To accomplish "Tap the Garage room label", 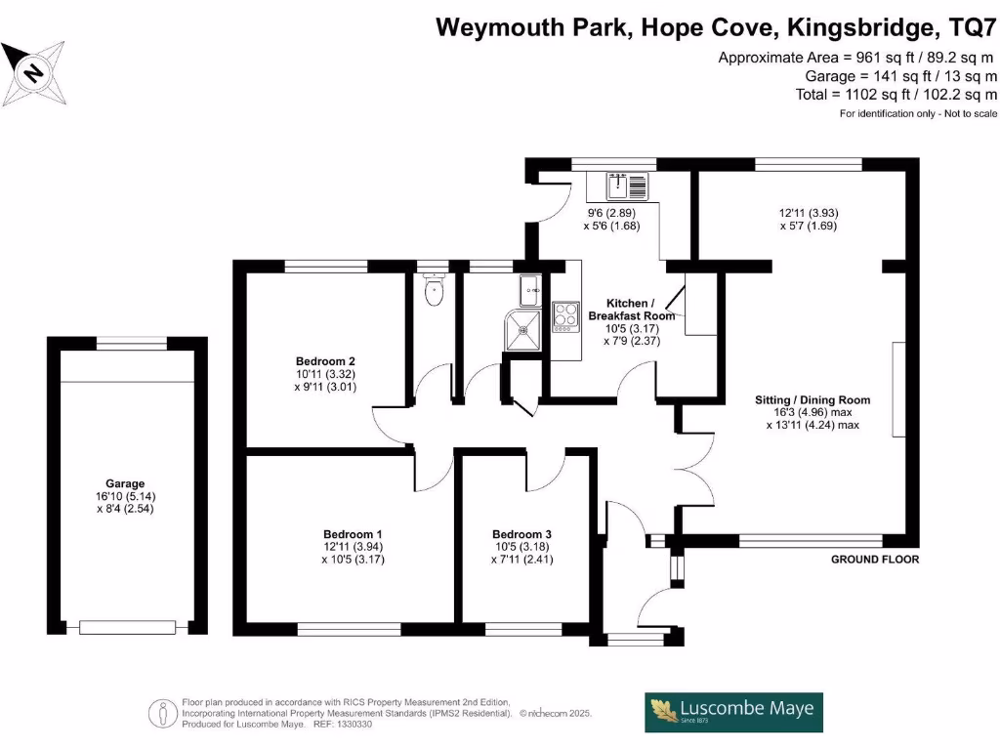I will pos(125,483).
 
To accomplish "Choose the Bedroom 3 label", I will pos(521,534).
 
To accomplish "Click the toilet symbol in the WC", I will pos(434,289).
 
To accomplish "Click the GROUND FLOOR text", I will pos(874,560).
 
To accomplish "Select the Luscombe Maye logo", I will pos(733,712).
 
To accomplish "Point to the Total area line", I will pos(896,94).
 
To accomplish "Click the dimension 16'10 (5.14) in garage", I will pos(125,496).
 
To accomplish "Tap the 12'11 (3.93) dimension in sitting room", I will pos(809,213).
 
